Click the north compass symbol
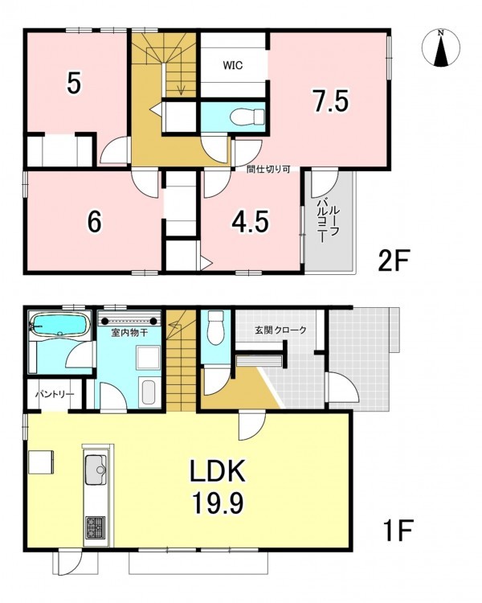(441, 48)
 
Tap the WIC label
(233, 65)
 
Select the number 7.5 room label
(330, 100)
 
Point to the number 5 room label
(74, 84)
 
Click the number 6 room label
(95, 222)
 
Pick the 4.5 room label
(250, 222)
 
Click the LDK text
(218, 472)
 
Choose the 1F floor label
(398, 531)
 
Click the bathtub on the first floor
(60, 325)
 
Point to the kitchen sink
(96, 470)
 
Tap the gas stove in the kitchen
(96, 527)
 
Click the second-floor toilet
(249, 117)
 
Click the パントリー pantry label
(54, 395)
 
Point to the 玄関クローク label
(280, 330)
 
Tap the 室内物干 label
(129, 332)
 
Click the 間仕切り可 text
(268, 169)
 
